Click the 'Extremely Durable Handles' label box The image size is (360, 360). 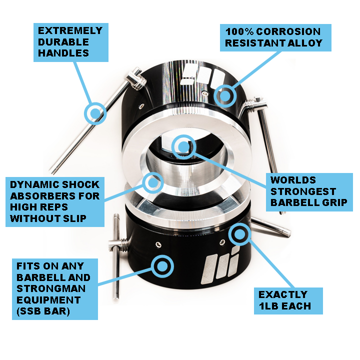71,42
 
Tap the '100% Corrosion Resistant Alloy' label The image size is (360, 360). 275,37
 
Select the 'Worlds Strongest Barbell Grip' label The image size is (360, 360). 309,192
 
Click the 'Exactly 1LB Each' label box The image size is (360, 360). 288,301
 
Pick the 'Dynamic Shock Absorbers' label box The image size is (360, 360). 55,202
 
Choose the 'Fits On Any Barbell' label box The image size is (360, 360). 55,289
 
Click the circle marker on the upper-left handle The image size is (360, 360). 95,113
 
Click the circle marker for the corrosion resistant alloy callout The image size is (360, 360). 225,96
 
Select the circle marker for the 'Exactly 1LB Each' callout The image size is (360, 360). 240,234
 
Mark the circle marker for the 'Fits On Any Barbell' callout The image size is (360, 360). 162,266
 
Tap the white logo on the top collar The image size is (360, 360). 202,75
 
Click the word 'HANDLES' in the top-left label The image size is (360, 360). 63,53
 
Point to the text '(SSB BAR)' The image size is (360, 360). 43,311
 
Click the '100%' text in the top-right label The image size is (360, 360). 239,31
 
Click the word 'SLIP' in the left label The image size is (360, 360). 74,218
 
